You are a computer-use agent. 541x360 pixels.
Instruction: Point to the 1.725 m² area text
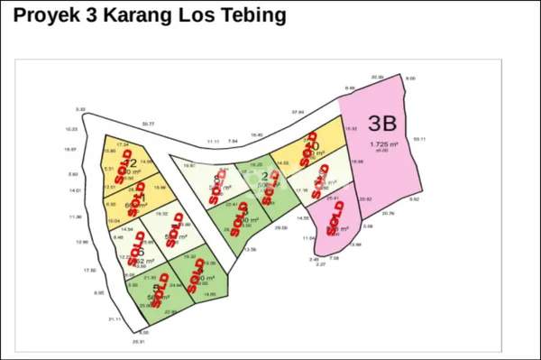coord(384,144)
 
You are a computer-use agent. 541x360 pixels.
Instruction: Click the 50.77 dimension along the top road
coord(148,124)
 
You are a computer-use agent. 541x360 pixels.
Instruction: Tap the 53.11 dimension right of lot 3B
coord(418,139)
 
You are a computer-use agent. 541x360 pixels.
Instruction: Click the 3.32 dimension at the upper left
coord(80,110)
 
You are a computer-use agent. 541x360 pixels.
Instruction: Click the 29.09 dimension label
coord(281,228)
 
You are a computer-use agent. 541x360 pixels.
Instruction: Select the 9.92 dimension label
coord(414,199)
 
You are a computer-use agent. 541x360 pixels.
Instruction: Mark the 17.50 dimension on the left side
coord(88,270)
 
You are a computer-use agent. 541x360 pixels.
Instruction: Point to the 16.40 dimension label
coord(257,134)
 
